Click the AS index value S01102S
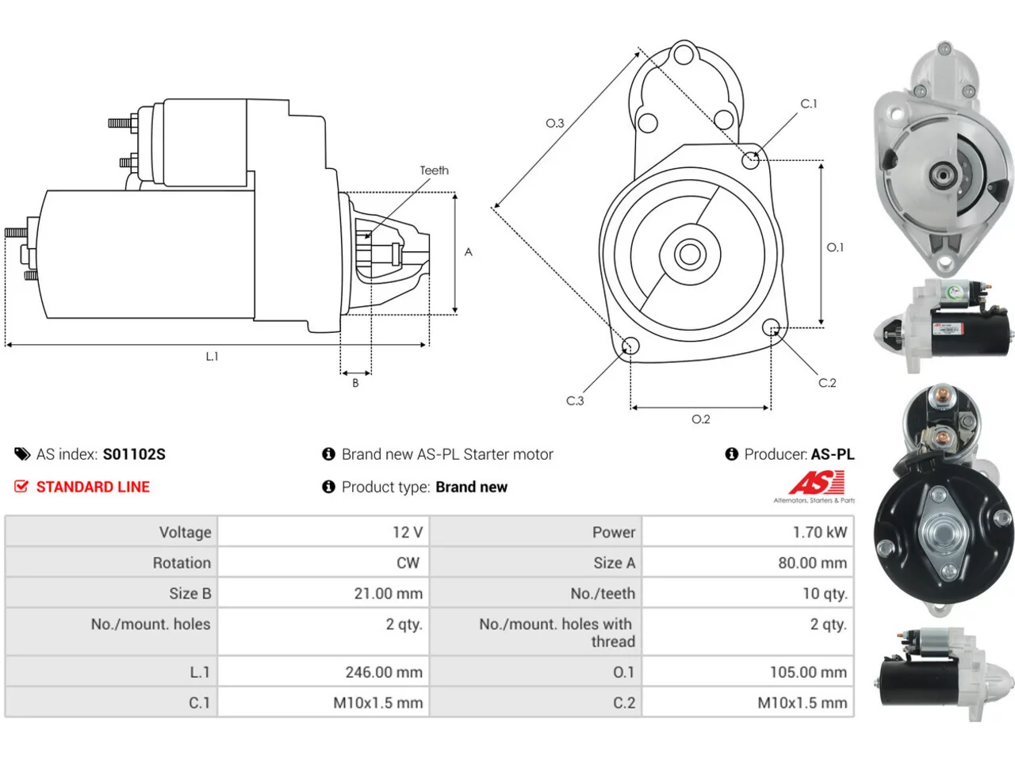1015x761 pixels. (134, 454)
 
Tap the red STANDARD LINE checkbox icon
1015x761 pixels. (21, 486)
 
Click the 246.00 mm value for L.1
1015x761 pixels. (384, 672)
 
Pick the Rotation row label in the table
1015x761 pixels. (182, 563)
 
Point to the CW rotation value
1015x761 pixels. (408, 563)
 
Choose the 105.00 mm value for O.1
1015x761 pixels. (808, 672)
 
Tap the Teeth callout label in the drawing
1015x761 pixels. (435, 170)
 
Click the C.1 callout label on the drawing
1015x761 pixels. (809, 104)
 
